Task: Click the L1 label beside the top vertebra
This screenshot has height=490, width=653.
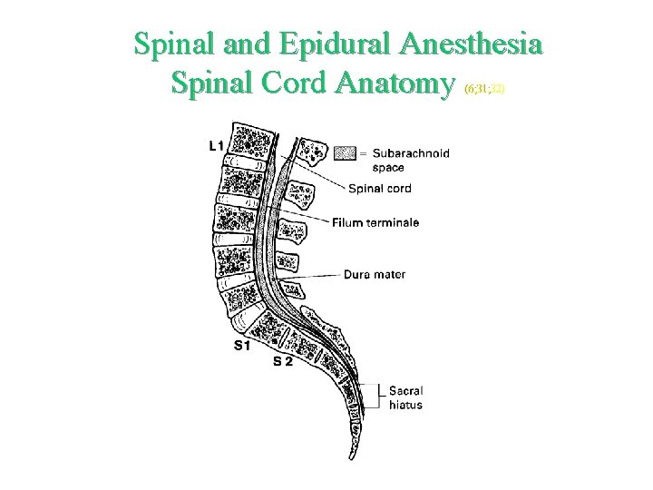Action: click(216, 145)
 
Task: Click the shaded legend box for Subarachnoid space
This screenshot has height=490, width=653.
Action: click(346, 152)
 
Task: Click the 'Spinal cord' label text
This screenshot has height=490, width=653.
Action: click(379, 189)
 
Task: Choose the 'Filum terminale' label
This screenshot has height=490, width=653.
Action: click(375, 222)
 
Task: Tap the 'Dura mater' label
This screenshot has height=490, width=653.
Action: click(375, 273)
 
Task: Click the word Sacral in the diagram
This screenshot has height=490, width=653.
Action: click(405, 391)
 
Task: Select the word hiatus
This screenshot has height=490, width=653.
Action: click(405, 405)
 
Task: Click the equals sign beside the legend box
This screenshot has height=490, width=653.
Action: click(363, 153)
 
